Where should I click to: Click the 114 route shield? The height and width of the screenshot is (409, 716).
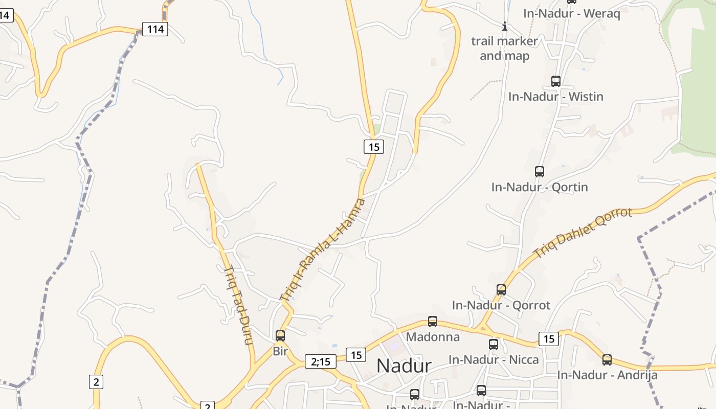[x=155, y=29]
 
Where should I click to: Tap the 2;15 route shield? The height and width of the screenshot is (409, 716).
[x=321, y=361]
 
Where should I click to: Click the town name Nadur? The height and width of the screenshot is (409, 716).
[x=404, y=366]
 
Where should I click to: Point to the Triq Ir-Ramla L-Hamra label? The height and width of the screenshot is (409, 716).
[x=323, y=249]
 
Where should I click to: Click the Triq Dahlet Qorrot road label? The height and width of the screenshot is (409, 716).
[x=583, y=233]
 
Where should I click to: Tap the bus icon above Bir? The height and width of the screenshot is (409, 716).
[x=280, y=336]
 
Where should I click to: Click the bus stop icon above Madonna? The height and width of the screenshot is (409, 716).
[x=433, y=322]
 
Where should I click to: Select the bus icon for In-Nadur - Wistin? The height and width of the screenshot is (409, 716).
[x=556, y=81]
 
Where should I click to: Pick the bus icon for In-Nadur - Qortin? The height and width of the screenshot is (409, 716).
[x=540, y=172]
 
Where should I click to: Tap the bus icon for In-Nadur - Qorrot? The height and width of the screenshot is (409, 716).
[x=501, y=290]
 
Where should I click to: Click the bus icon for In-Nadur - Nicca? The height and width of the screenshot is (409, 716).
[x=494, y=345]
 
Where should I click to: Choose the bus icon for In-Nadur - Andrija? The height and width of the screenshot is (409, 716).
[x=607, y=360]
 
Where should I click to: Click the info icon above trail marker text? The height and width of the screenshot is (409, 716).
[x=505, y=26]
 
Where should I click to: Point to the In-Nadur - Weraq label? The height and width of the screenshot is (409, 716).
[x=571, y=14]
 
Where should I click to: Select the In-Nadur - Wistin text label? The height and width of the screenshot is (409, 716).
[x=556, y=97]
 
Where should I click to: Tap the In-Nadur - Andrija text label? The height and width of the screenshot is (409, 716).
[x=607, y=375]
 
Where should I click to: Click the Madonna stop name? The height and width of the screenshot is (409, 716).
[x=433, y=337]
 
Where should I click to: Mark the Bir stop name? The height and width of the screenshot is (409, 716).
[x=280, y=351]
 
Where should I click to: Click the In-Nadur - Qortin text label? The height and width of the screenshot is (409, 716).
[x=540, y=187]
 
